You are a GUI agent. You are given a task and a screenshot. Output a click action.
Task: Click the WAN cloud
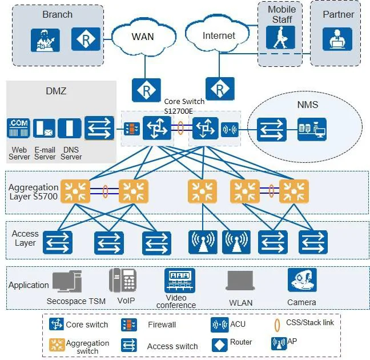pyautogui.click(x=142, y=37)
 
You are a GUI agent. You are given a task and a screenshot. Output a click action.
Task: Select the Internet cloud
pyautogui.click(x=218, y=35)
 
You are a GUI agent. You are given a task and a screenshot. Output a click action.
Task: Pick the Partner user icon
pyautogui.click(x=337, y=38)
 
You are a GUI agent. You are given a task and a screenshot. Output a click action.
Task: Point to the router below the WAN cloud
pyautogui.click(x=146, y=90)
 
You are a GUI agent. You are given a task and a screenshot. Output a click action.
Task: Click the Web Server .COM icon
pyautogui.click(x=18, y=129)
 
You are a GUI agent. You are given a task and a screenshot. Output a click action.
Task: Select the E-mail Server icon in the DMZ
pyautogui.click(x=44, y=129)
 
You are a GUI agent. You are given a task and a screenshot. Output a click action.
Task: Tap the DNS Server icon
pyautogui.click(x=70, y=129)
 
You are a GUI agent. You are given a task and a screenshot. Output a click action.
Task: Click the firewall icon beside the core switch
pyautogui.click(x=130, y=129)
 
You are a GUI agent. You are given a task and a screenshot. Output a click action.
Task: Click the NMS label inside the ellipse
pyautogui.click(x=307, y=105)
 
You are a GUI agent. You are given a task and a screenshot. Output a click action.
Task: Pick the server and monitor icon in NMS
pyautogui.click(x=312, y=130)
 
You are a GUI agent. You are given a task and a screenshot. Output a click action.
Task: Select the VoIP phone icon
pyautogui.click(x=122, y=280)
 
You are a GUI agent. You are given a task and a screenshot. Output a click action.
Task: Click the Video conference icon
pyautogui.click(x=180, y=280)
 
